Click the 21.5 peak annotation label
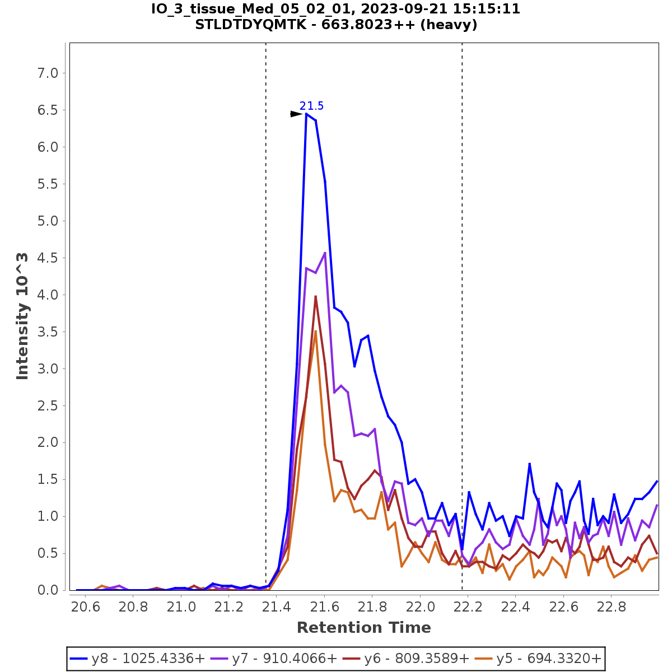point(311,106)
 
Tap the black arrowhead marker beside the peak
point(296,114)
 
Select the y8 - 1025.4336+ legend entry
point(138,659)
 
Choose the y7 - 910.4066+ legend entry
point(274,659)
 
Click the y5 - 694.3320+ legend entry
point(539,659)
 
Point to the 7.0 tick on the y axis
point(47,73)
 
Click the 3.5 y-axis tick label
point(47,332)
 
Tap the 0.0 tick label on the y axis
point(47,590)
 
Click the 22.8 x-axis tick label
point(612,607)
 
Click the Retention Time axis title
point(364,628)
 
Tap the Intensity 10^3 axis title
point(22,316)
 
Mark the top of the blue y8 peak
point(306,114)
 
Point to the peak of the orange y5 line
point(316,331)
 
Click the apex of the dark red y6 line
point(315,296)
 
